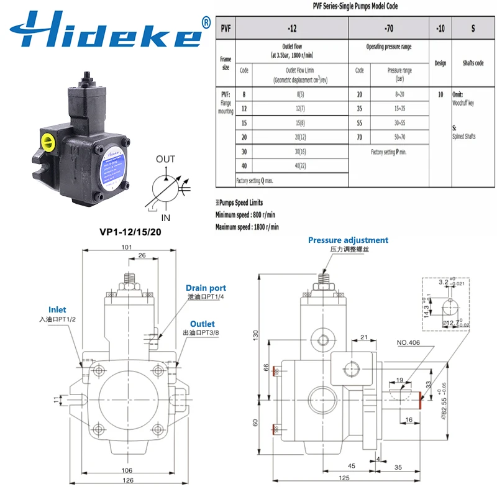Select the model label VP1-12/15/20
(132, 233)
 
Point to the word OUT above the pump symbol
(165, 160)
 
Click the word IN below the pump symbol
(165, 218)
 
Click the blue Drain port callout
(206, 288)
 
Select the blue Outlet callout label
(202, 324)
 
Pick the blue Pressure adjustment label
(348, 240)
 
